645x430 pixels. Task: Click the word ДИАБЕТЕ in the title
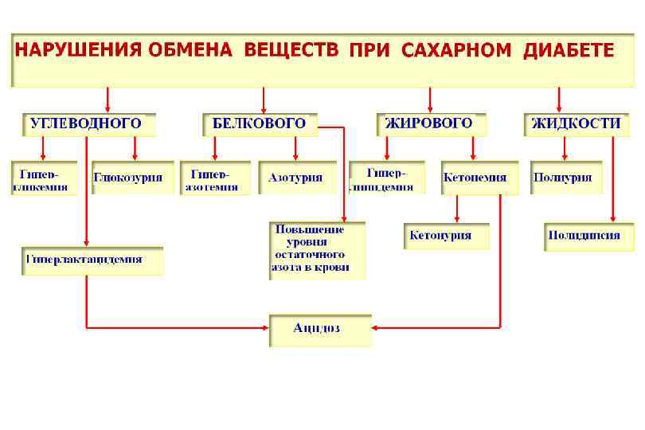tap(569, 51)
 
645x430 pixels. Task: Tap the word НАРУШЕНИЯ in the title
tap(67, 51)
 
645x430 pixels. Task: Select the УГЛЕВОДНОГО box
tap(88, 124)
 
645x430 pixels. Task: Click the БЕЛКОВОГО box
tap(260, 124)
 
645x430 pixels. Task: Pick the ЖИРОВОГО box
tap(430, 124)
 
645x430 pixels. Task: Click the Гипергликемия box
tap(44, 178)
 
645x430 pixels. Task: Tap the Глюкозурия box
tap(133, 178)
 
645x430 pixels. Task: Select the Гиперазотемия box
tap(212, 178)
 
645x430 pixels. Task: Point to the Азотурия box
tap(295, 178)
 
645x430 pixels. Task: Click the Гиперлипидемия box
tap(387, 178)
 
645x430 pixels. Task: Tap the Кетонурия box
tap(446, 236)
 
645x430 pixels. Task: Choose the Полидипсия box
tap(584, 236)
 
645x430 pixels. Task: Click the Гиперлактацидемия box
tap(92, 260)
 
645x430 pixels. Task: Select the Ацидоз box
tap(320, 329)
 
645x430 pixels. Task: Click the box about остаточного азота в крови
tap(316, 250)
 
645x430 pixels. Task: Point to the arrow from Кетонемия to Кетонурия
tap(457, 209)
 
